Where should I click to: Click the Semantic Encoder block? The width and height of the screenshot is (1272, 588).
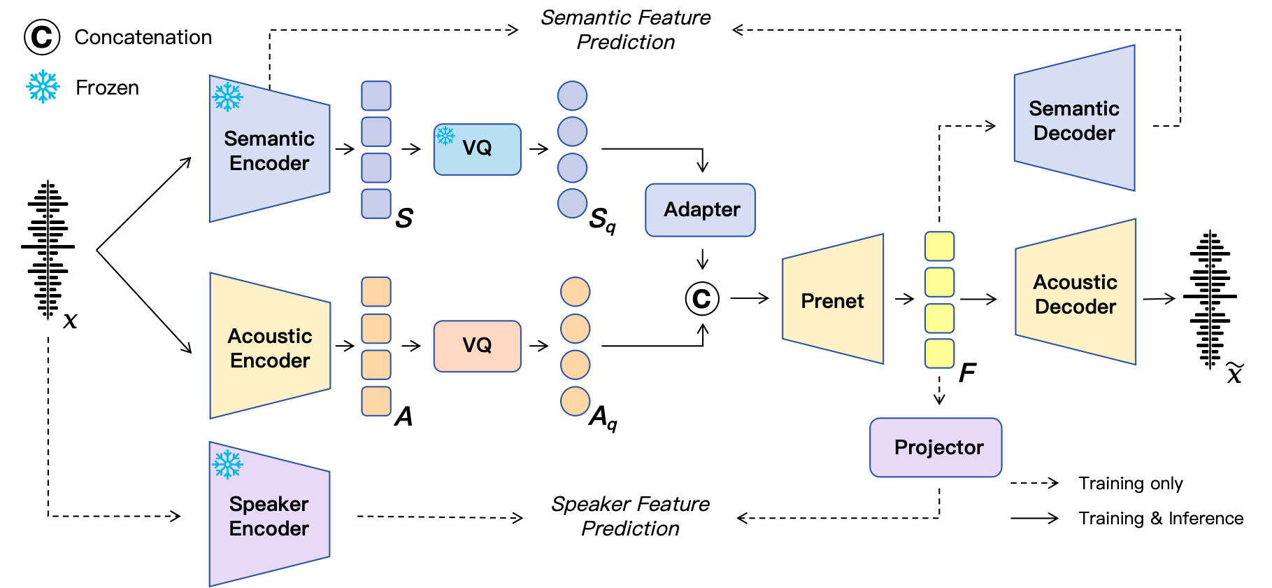(269, 150)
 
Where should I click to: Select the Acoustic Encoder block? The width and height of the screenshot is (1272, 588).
(270, 347)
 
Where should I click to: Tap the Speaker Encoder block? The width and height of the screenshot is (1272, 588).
(269, 515)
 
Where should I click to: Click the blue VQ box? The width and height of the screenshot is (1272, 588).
(478, 149)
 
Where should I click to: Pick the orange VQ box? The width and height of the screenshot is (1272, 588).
(478, 346)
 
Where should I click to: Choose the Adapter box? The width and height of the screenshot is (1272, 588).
(701, 210)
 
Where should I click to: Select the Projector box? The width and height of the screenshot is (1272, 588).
(936, 447)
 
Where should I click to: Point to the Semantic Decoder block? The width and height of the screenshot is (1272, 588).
(1074, 120)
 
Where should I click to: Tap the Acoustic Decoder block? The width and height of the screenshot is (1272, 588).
(1076, 293)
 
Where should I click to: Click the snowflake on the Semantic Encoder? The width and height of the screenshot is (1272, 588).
(228, 97)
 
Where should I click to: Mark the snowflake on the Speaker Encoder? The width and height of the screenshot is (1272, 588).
(228, 464)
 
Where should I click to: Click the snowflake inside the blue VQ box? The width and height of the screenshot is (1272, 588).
(445, 135)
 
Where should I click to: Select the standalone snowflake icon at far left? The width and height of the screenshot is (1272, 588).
(43, 87)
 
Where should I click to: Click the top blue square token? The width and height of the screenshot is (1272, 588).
(376, 96)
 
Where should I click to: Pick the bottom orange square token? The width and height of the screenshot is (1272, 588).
(376, 401)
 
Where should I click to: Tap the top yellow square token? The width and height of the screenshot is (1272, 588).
(939, 246)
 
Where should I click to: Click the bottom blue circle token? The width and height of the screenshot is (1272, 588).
(572, 204)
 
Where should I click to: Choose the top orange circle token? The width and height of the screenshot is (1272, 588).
(576, 292)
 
